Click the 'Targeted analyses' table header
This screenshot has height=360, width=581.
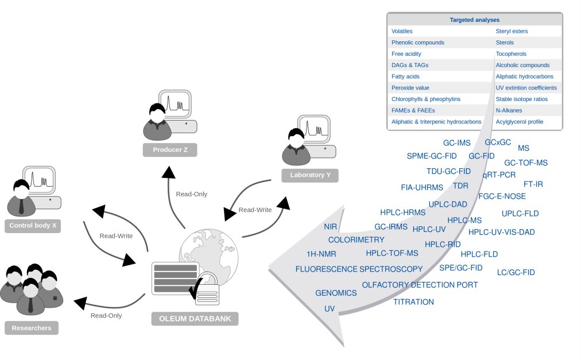[x=474, y=20]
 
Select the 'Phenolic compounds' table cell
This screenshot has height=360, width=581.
[x=417, y=42]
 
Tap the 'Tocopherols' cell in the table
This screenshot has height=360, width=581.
[x=511, y=54]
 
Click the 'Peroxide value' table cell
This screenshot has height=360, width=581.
[x=410, y=88]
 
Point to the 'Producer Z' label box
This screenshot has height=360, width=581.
[x=170, y=150]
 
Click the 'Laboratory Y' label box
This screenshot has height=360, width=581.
[x=310, y=175]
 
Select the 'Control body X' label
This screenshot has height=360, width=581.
[x=33, y=226]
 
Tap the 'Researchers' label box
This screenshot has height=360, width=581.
[x=32, y=328]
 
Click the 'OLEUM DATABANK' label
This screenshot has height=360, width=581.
[x=195, y=319]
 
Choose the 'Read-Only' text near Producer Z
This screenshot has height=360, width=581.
[x=192, y=194]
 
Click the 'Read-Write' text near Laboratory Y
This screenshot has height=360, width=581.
[x=255, y=210]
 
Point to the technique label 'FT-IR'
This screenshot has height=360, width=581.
[x=533, y=184]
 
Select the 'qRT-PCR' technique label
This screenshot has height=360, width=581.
[x=499, y=174]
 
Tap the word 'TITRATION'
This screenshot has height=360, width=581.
[x=413, y=301]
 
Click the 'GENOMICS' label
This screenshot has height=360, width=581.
[x=336, y=293]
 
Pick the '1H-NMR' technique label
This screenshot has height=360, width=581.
[x=322, y=254]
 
